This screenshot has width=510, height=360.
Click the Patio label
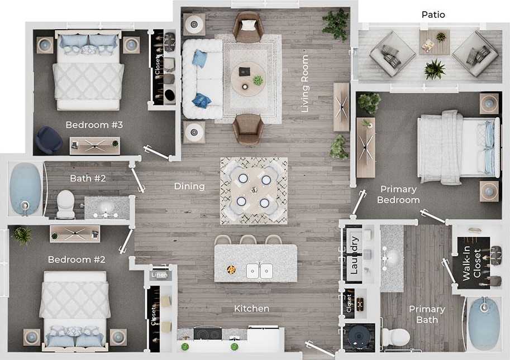433,15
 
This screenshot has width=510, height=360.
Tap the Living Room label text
305,84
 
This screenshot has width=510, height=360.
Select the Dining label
189,186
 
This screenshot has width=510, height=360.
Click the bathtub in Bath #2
26,189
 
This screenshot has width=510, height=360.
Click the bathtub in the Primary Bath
483,324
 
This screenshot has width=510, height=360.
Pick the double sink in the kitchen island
259,271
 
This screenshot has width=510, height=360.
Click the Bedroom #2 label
76,260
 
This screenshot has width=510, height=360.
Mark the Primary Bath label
427,314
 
